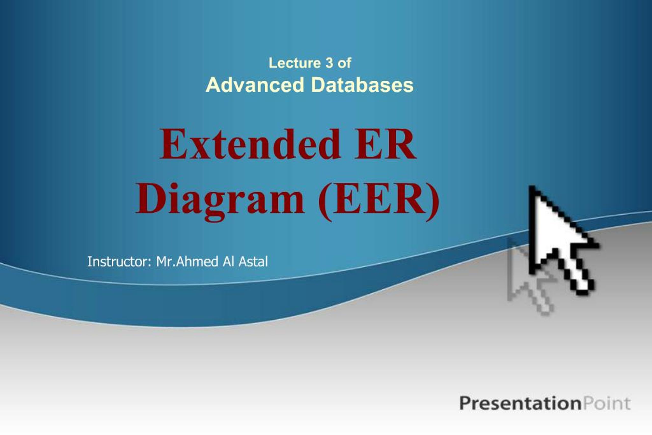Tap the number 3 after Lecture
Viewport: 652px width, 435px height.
[329, 63]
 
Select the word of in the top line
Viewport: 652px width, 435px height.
[344, 63]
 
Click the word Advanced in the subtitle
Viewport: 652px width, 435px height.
[255, 85]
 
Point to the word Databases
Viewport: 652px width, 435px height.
[363, 85]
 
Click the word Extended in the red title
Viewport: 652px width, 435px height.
[250, 144]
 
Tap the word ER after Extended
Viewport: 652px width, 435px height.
[385, 144]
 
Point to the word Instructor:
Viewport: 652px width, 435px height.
[119, 261]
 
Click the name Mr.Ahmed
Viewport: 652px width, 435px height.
[187, 261]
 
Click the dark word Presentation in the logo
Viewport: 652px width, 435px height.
[520, 403]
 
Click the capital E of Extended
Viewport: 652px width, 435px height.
[173, 144]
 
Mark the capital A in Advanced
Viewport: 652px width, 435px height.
[214, 85]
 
